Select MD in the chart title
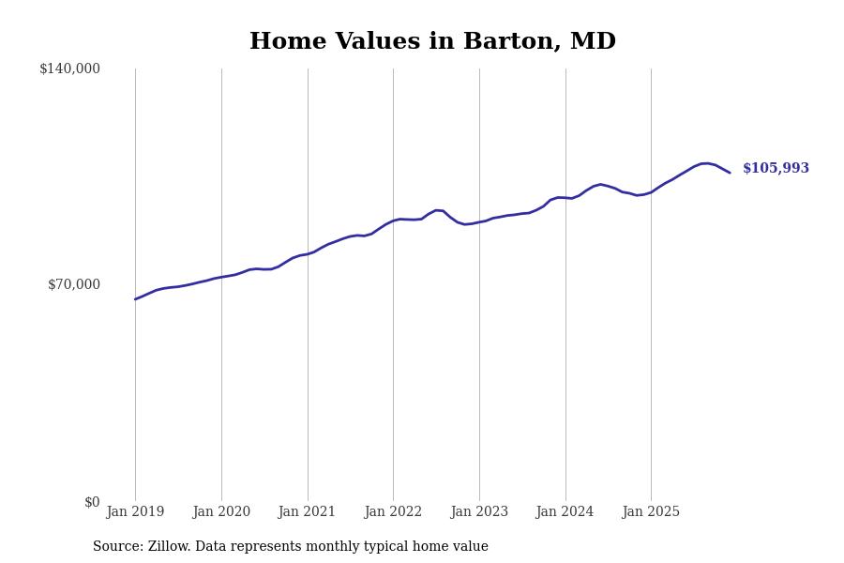[x=595, y=42]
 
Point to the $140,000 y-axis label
[x=69, y=68]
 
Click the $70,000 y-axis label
[x=73, y=284]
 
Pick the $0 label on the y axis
[x=91, y=502]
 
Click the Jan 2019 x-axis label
[x=135, y=511]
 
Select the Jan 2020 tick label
[x=221, y=511]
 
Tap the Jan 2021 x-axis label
[x=308, y=511]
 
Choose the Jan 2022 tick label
[x=393, y=511]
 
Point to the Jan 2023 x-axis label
[x=479, y=511]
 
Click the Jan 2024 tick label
[x=565, y=511]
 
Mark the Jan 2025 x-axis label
[x=651, y=511]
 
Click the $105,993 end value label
[x=776, y=169]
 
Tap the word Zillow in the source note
[x=170, y=547]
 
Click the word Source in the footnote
[x=117, y=547]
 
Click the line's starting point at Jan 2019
[x=135, y=299]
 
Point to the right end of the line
[x=730, y=173]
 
